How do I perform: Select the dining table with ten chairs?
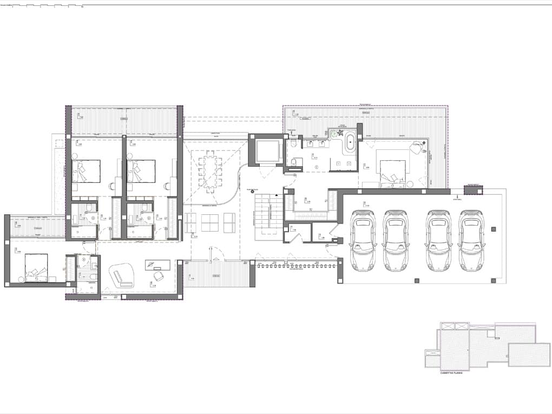210,172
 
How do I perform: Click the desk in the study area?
157,265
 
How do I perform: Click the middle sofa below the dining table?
210,222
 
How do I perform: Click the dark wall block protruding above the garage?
473,190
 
